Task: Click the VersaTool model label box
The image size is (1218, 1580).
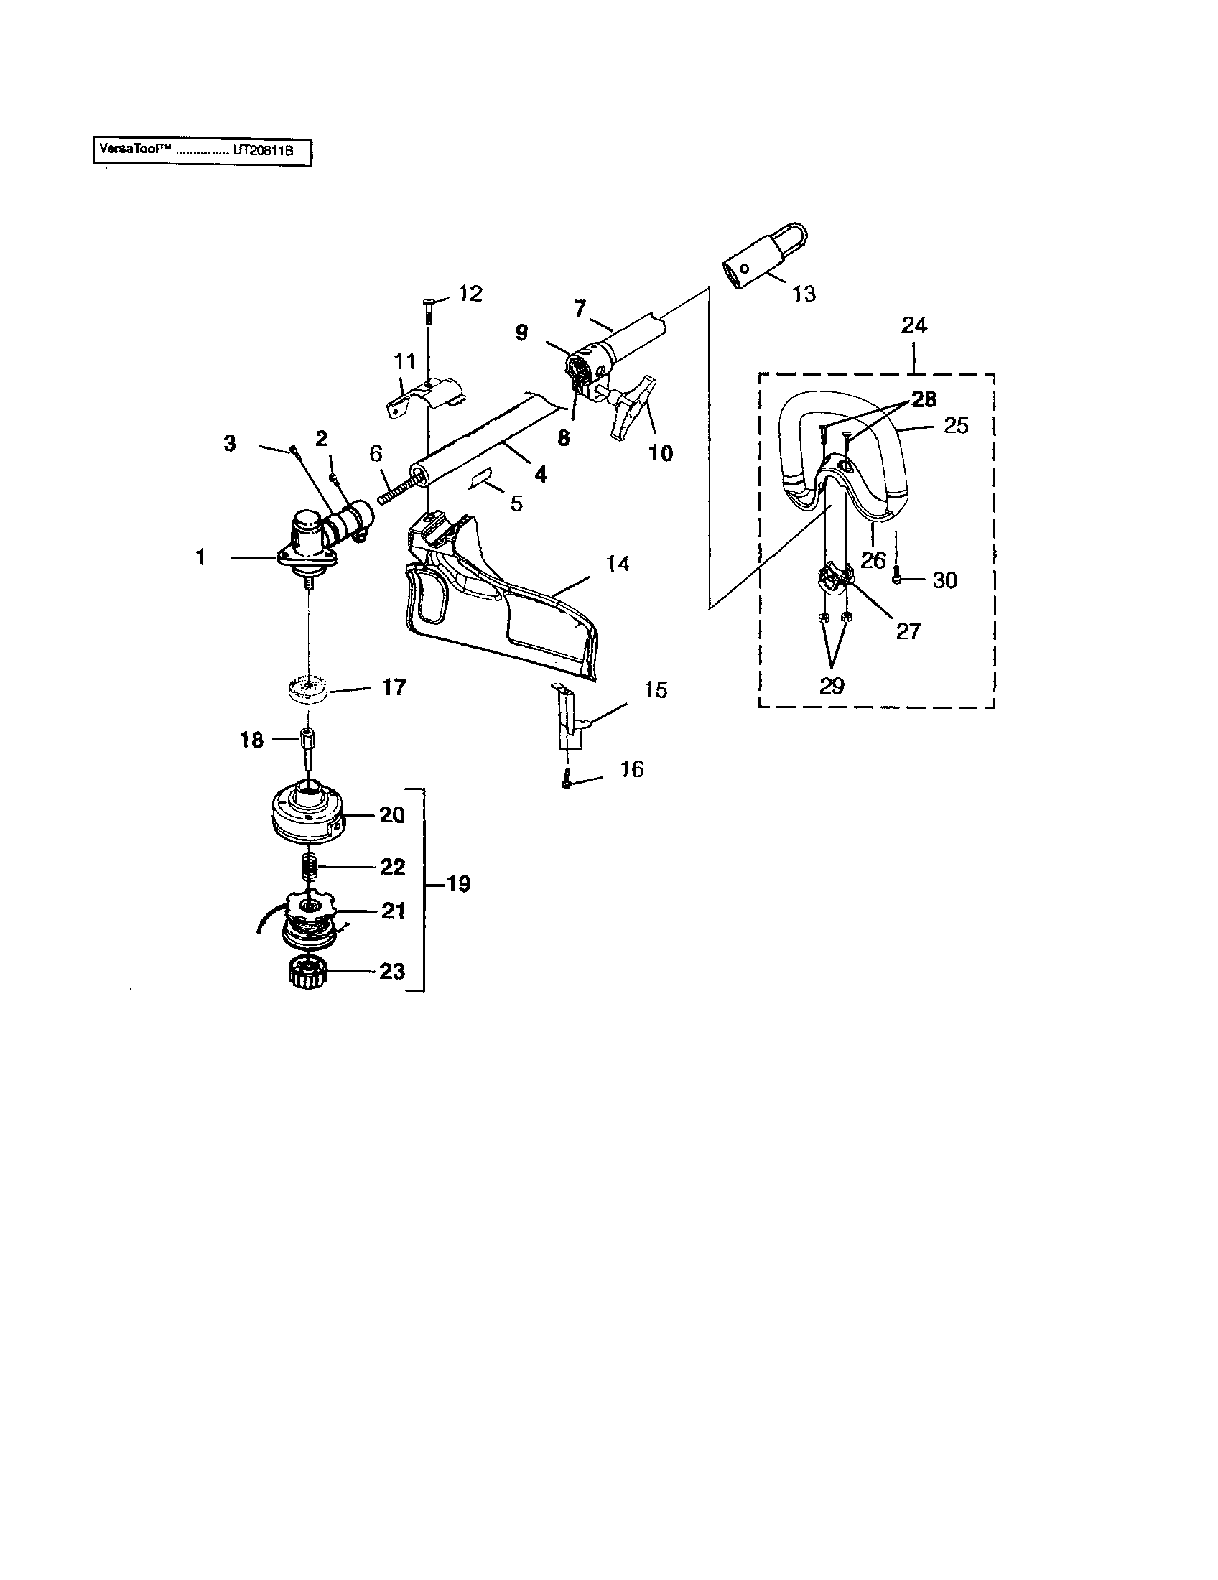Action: coord(202,153)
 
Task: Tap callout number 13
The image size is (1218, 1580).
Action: coord(804,294)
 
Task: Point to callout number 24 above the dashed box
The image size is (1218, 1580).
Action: coord(913,325)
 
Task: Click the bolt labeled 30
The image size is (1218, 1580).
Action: coord(897,579)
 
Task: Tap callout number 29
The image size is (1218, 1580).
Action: coord(832,685)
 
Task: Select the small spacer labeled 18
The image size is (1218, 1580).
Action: coord(307,743)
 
